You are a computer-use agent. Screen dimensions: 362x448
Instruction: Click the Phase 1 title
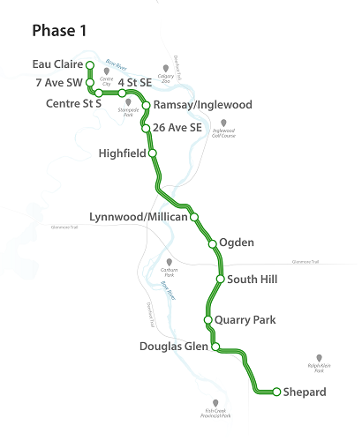point(59,31)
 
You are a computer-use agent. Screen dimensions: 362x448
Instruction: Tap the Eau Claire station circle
point(89,65)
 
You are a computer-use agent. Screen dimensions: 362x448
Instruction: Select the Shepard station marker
point(276,392)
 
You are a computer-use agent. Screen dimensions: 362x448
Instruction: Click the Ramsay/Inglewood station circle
point(146,105)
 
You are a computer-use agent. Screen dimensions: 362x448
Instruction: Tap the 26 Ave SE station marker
point(147,129)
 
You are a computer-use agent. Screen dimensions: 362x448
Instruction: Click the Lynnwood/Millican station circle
point(194,217)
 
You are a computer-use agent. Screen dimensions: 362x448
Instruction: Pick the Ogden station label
point(237,243)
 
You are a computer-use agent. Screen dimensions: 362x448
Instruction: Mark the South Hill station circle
point(220,280)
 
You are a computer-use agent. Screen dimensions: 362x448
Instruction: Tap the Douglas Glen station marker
point(215,347)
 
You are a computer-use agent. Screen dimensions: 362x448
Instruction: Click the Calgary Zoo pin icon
point(166,68)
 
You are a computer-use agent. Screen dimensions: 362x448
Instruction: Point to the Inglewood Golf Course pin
point(223,123)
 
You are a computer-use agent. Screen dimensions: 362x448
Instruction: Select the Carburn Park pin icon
point(170,263)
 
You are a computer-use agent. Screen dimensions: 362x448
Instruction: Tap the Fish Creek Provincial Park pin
point(215,403)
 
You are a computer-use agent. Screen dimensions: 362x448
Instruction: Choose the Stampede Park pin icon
point(129,103)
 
